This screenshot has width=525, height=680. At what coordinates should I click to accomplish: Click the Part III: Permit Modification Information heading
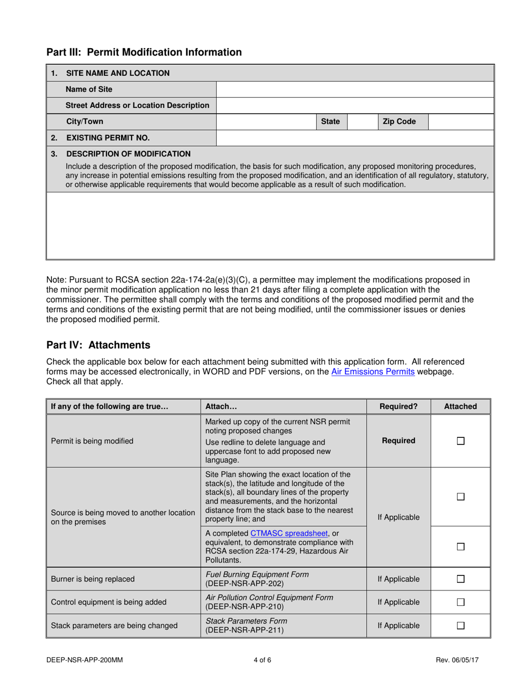click(x=144, y=53)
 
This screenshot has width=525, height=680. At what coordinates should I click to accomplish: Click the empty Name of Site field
click(x=354, y=89)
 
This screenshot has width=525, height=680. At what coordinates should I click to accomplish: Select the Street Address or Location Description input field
click(x=354, y=105)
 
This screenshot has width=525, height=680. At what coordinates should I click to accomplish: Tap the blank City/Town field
click(x=265, y=121)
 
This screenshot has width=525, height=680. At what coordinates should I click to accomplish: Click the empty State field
click(x=362, y=121)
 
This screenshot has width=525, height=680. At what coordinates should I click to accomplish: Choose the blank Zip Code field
click(x=460, y=121)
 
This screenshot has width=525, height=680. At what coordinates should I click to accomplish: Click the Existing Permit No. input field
click(x=354, y=138)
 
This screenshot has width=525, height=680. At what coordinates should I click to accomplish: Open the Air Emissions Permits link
click(x=372, y=372)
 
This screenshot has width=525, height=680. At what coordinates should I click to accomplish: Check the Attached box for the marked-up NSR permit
click(x=461, y=441)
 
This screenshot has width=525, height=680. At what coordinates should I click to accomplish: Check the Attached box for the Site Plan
click(x=461, y=497)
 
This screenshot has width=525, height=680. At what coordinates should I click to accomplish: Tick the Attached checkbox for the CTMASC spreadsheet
click(x=461, y=546)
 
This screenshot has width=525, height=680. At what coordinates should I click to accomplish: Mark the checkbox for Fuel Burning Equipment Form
click(x=461, y=579)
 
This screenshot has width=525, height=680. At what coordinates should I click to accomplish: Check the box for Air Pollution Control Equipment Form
click(x=461, y=602)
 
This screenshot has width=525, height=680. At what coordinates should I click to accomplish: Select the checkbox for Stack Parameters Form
click(x=461, y=626)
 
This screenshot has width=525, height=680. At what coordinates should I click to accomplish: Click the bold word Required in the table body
click(x=398, y=441)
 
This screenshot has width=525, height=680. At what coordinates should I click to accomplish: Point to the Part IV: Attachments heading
click(x=98, y=345)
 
